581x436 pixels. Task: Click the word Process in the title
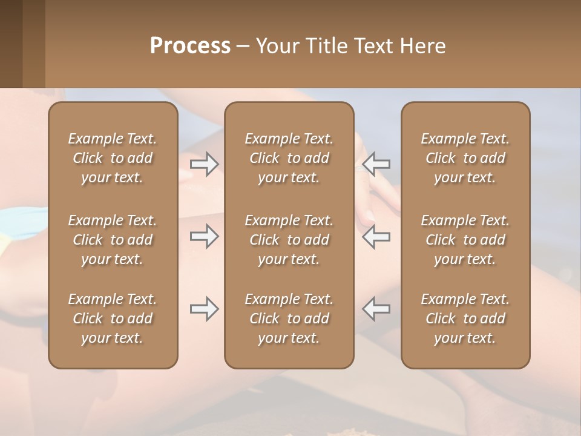190,46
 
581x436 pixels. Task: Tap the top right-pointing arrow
205,164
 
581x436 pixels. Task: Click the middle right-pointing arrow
205,236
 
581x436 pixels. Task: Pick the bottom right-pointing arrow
205,309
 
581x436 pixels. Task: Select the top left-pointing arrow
376,164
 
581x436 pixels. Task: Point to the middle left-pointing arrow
376,236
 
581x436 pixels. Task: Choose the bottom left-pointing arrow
376,309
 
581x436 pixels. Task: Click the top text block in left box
113,158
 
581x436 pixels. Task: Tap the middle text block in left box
113,240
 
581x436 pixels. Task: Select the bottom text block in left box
113,319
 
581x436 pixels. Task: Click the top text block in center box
289,158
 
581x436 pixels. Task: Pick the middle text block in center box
289,240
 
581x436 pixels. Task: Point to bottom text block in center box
289,319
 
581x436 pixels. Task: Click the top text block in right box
465,158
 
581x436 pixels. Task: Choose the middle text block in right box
465,240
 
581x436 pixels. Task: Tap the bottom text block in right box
465,319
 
